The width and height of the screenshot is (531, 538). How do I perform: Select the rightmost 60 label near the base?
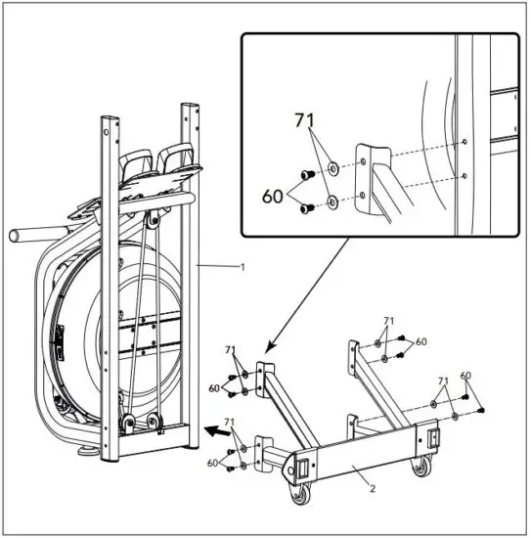coord(465,376)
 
